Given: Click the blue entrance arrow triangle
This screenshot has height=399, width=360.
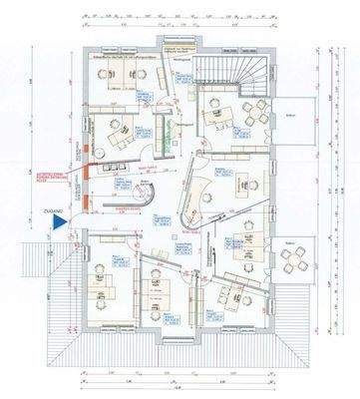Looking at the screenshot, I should [x=60, y=224].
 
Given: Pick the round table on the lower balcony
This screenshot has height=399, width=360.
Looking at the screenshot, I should [x=293, y=261].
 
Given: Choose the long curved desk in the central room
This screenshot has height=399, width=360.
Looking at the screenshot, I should [x=199, y=195].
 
